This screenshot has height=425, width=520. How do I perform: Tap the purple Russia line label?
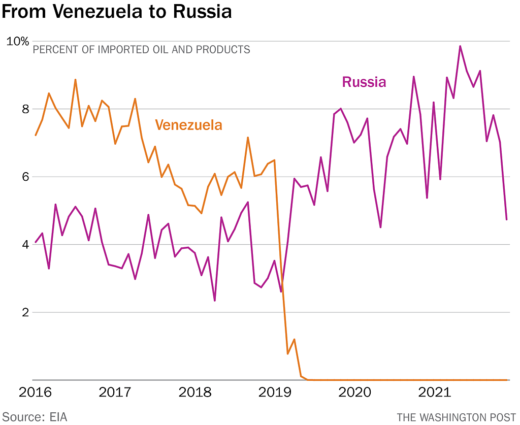(x=364, y=82)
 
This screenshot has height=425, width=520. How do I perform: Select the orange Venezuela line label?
(x=188, y=125)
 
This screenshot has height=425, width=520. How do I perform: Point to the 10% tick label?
(x=17, y=41)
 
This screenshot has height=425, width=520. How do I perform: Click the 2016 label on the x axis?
(x=35, y=393)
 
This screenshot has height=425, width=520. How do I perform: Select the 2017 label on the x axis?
(x=115, y=393)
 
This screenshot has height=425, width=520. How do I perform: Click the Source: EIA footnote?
(x=34, y=417)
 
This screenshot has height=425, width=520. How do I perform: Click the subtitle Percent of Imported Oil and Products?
(x=142, y=50)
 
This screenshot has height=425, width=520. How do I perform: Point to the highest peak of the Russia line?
(x=460, y=46)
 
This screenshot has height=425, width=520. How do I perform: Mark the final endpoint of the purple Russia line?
(x=506, y=219)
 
